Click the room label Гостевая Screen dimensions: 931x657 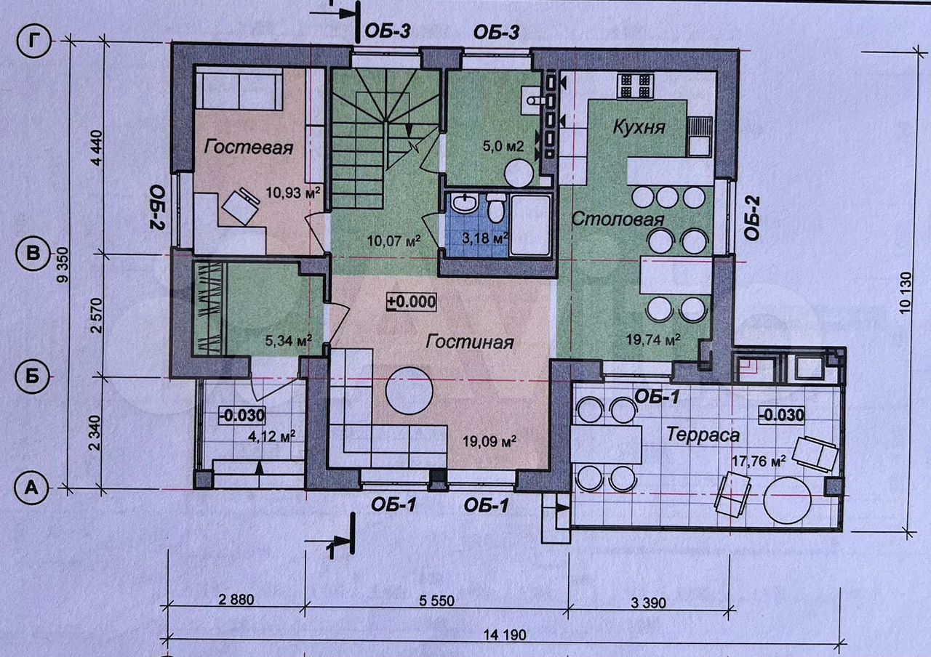click(x=249, y=147)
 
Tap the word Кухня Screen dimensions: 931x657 click(x=639, y=127)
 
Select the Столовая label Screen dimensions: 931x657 click(x=618, y=219)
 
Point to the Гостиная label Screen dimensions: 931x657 click(x=470, y=342)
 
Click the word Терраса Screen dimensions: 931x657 click(x=703, y=435)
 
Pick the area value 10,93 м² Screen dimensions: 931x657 click(x=293, y=193)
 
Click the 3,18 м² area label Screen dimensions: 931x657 click(x=484, y=238)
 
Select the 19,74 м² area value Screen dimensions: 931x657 click(x=653, y=339)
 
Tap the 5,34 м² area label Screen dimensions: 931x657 click(x=289, y=341)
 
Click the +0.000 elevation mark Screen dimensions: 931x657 click(x=412, y=302)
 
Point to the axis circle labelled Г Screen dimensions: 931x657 click(x=33, y=41)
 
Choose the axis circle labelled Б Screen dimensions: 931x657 click(x=32, y=376)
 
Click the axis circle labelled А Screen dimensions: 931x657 click(x=31, y=488)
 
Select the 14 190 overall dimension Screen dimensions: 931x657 click(x=505, y=635)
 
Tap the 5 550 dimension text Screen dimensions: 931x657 click(x=436, y=600)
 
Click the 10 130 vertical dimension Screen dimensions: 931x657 click(x=905, y=292)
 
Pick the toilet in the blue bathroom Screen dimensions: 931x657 click(x=495, y=208)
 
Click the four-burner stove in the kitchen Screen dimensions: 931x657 click(x=635, y=86)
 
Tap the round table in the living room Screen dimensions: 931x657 click(x=409, y=390)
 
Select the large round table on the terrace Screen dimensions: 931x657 click(x=787, y=501)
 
